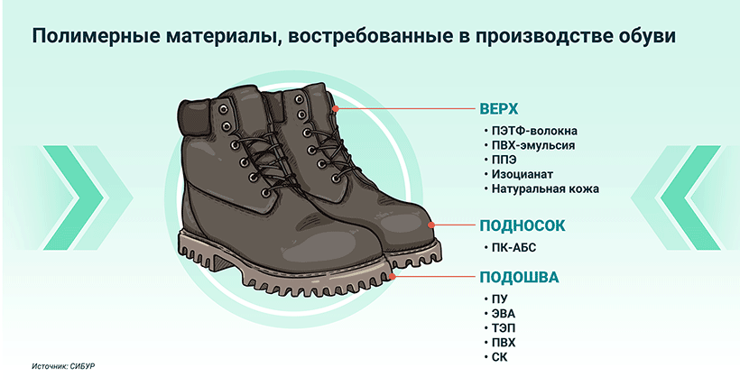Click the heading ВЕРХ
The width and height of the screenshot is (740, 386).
pos(498,108)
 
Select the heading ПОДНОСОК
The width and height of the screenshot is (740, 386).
pos(522,225)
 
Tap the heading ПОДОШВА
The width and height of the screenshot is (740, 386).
pos(519,277)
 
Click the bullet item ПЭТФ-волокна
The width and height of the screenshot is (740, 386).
pos(534,131)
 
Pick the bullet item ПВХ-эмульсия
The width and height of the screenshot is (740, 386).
pos(533,145)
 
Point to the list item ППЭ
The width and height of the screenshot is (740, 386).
pos(504,160)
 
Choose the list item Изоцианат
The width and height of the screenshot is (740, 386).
pos(522,174)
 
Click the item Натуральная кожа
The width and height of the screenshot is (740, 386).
pos(545,188)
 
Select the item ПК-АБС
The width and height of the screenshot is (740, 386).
pos(514,248)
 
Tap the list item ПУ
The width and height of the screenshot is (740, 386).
pos(499,299)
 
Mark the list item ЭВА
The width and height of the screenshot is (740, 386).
pos(503,314)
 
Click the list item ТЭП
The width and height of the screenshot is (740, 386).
pos(504,328)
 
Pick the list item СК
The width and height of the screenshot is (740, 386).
pos(499,357)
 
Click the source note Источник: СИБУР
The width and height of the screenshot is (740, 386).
pos(63,366)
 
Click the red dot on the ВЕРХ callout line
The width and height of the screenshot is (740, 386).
pos(336,108)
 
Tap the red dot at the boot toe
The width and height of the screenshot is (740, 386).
pos(430,225)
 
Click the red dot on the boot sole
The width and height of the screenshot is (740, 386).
pos(392,277)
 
